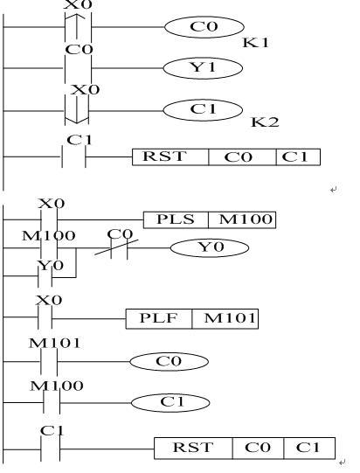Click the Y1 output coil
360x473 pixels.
click(x=203, y=68)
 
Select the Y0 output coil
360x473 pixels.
click(x=210, y=248)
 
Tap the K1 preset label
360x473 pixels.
click(x=256, y=43)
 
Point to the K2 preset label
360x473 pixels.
click(x=265, y=122)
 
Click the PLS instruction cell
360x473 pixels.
click(x=176, y=220)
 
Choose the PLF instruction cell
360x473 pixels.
click(x=159, y=318)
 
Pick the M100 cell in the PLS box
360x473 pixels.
click(x=242, y=220)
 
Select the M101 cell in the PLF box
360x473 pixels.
click(x=225, y=318)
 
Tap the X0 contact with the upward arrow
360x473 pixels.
click(x=78, y=26)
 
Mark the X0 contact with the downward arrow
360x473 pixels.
click(x=77, y=110)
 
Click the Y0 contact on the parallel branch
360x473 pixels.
click(x=45, y=276)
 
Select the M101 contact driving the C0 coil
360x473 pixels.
click(x=49, y=361)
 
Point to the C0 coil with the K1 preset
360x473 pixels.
click(x=204, y=27)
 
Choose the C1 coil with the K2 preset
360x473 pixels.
click(x=203, y=110)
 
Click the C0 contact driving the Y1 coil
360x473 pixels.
click(x=78, y=68)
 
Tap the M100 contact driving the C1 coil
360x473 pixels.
click(x=52, y=402)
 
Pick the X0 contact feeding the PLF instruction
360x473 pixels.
click(x=45, y=318)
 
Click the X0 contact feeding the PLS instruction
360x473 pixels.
click(x=49, y=219)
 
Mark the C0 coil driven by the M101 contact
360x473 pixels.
click(x=170, y=361)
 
